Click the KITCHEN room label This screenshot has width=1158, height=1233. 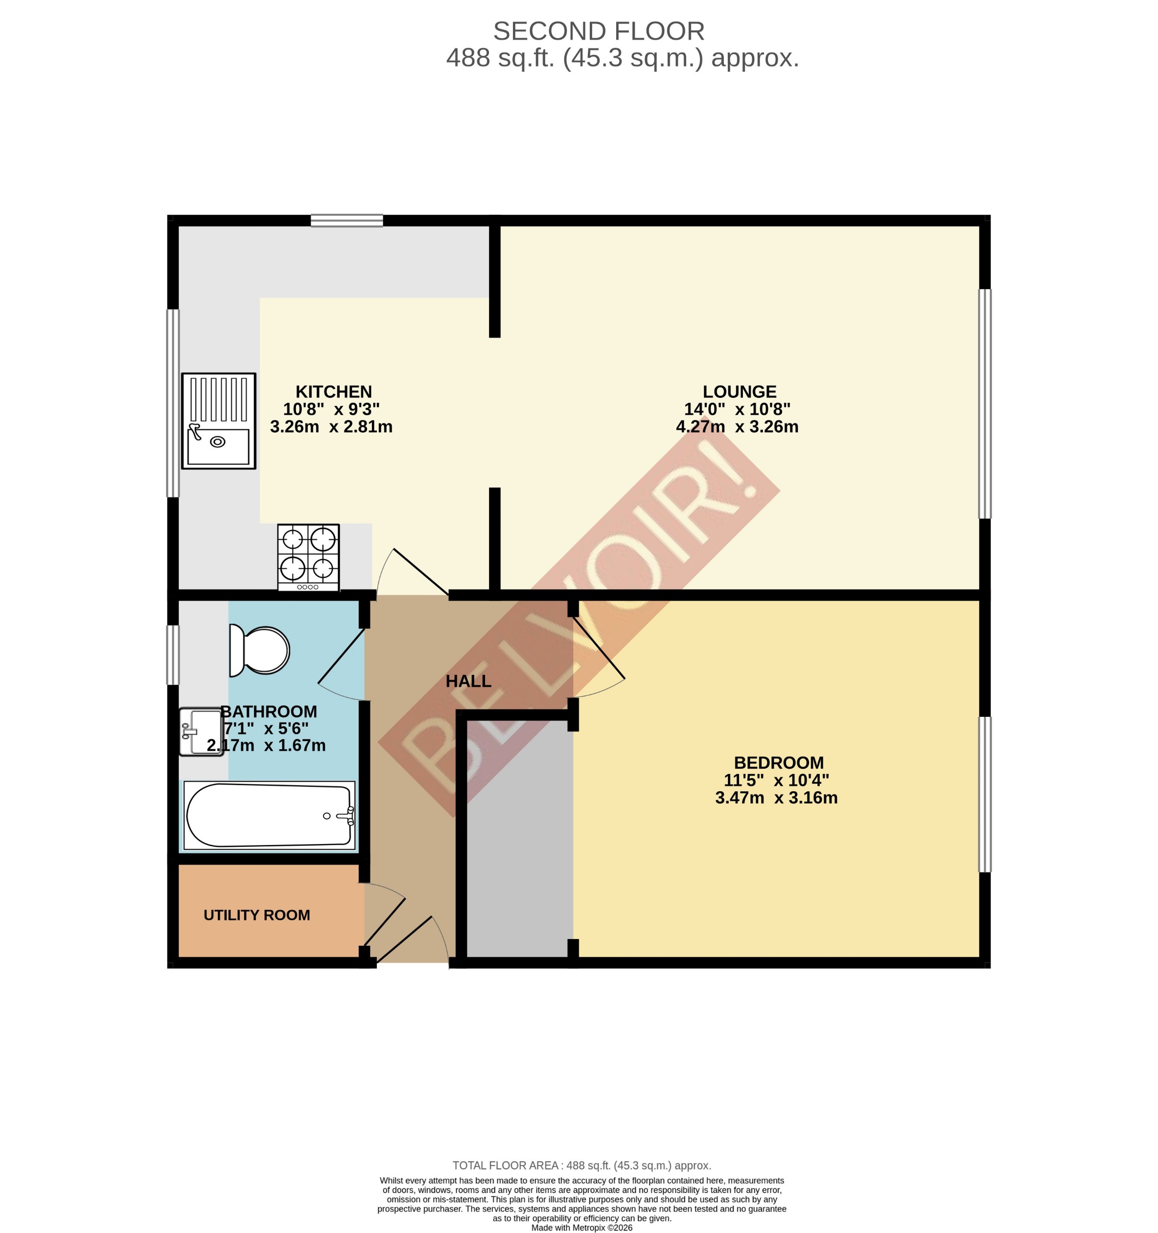(334, 392)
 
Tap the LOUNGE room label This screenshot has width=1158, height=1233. (740, 392)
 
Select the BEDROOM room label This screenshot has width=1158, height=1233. (778, 763)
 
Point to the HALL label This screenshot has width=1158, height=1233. (468, 681)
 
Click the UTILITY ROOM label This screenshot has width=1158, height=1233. (257, 915)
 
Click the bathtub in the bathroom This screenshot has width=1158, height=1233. (269, 816)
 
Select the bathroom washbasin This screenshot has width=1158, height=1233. (200, 732)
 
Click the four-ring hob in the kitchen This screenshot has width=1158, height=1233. (308, 557)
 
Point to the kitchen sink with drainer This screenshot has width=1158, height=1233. (218, 421)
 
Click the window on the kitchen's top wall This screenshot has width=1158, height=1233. (347, 221)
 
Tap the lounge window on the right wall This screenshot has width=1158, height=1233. (984, 403)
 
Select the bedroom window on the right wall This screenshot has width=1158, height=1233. (984, 795)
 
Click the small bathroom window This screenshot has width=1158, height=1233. (173, 655)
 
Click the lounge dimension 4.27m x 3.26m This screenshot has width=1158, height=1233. (737, 427)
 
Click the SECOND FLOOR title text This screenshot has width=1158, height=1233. (599, 31)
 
